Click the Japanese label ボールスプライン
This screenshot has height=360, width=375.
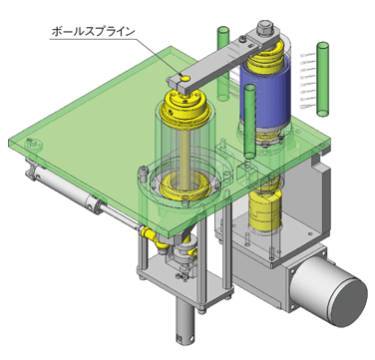pos(94,32)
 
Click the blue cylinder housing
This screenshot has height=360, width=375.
pos(265,96)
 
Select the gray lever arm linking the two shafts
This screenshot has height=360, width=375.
pos(221,61)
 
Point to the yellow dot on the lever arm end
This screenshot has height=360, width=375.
pos(185,78)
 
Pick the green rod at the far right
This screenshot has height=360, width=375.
pos(323,79)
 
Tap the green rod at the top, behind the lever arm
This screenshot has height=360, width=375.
pos(223,63)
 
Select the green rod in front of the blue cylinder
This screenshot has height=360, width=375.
pos(250,122)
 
